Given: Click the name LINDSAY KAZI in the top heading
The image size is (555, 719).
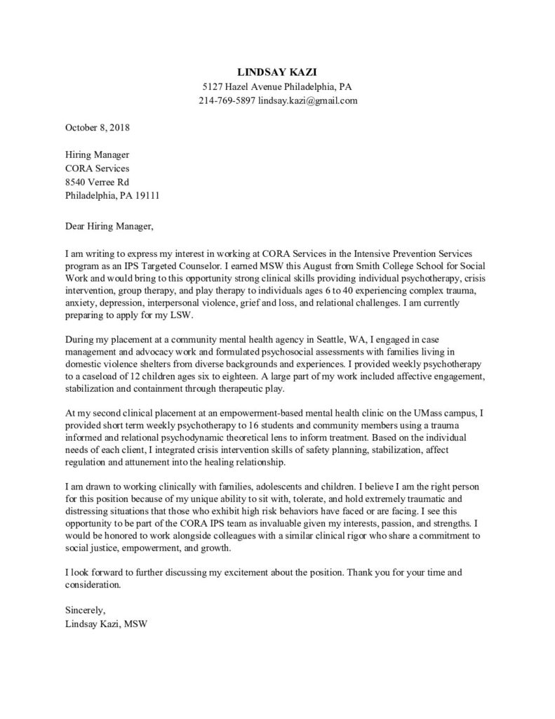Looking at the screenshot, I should click(277, 72).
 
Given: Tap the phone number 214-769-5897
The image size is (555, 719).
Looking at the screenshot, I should click(227, 101).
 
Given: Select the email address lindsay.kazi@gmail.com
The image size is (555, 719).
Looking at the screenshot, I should click(308, 101).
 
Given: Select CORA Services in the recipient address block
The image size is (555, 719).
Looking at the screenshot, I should click(98, 169).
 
